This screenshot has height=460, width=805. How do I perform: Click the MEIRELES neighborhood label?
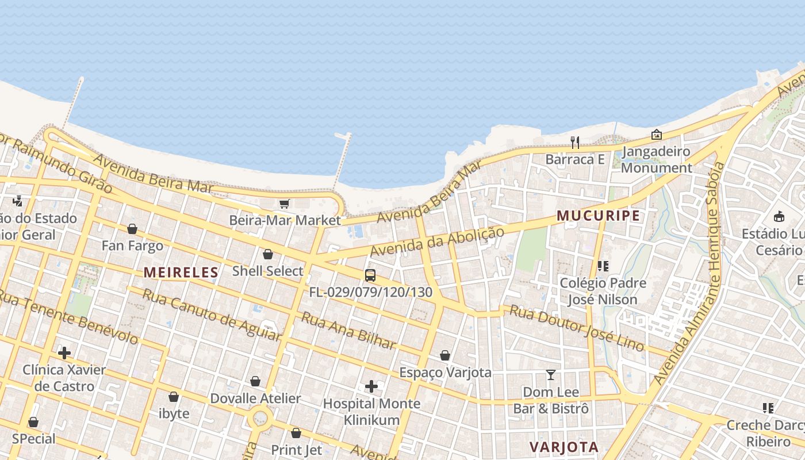pyautogui.click(x=181, y=273)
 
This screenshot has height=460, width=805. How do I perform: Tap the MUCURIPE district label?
pyautogui.click(x=598, y=216)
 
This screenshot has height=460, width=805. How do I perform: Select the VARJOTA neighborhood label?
pyautogui.click(x=564, y=447)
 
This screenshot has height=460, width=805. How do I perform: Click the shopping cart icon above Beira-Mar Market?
pyautogui.click(x=285, y=204)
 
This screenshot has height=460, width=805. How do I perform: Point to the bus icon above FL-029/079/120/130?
pyautogui.click(x=370, y=275)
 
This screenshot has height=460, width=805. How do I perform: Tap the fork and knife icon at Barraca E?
pyautogui.click(x=575, y=142)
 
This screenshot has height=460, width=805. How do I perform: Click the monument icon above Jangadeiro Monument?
pyautogui.click(x=656, y=135)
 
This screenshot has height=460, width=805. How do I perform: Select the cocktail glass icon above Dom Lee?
pyautogui.click(x=551, y=375)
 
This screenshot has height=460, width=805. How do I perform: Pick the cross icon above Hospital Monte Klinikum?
pyautogui.click(x=371, y=386)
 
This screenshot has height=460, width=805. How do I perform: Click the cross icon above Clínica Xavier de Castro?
pyautogui.click(x=64, y=352)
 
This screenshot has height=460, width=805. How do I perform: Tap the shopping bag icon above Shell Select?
pyautogui.click(x=268, y=254)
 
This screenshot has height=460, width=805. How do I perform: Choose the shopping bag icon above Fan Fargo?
pyautogui.click(x=132, y=229)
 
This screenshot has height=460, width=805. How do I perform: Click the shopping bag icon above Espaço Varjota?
pyautogui.click(x=445, y=355)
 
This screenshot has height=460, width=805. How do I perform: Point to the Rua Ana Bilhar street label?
pyautogui.click(x=349, y=331)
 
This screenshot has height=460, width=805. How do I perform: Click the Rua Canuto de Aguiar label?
pyautogui.click(x=211, y=315)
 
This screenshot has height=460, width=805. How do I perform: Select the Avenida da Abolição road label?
pyautogui.click(x=437, y=241)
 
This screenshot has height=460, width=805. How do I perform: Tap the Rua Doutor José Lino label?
pyautogui.click(x=577, y=328)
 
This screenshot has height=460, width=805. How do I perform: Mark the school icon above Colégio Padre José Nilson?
pyautogui.click(x=603, y=266)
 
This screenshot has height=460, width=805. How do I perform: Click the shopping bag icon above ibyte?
pyautogui.click(x=174, y=397)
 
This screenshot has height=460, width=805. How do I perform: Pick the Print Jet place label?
pyautogui.click(x=296, y=450)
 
